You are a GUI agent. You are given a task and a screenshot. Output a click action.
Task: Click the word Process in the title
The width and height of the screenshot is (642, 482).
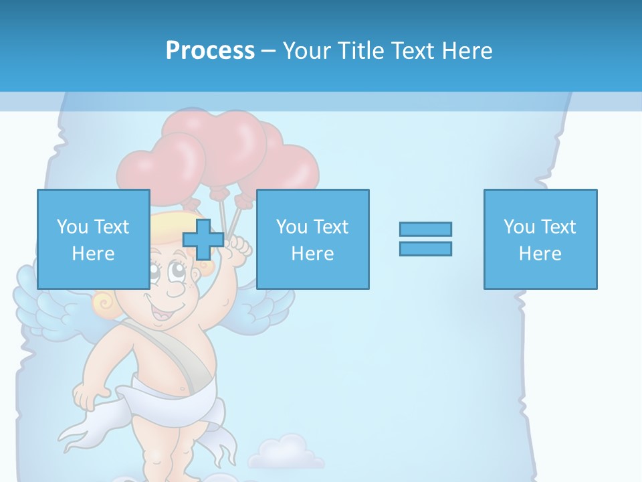pyautogui.click(x=210, y=50)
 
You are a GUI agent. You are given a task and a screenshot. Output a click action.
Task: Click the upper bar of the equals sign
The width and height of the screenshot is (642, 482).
pyautogui.click(x=425, y=229)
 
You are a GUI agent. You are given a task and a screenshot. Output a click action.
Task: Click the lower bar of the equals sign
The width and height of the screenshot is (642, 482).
pyautogui.click(x=425, y=248)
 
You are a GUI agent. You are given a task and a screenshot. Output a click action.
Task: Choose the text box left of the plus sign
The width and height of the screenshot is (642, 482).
pyautogui.click(x=93, y=239)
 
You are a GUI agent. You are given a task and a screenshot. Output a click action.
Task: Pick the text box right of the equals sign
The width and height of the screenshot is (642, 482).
pyautogui.click(x=540, y=239)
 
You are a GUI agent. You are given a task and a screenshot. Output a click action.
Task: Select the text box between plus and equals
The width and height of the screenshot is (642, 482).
pyautogui.click(x=312, y=239)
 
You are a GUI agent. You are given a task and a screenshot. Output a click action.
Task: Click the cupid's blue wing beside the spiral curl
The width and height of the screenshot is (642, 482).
pyautogui.click(x=47, y=301)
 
